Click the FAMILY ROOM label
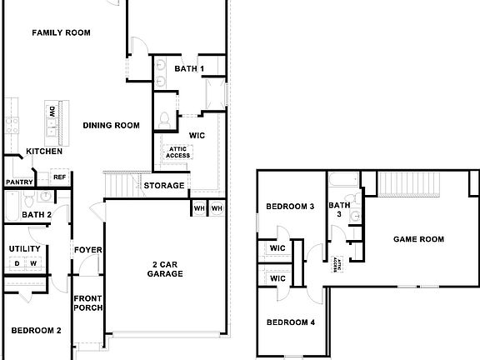tap(61, 33)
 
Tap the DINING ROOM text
tap(111, 126)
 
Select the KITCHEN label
tap(44, 152)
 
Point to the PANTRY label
tap(17, 182)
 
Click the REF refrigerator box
tap(60, 177)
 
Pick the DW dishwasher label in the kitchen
tap(52, 112)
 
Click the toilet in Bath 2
tap(28, 199)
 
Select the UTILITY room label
tap(24, 249)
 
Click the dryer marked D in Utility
tap(16, 264)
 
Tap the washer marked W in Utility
tap(33, 264)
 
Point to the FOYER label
tap(87, 250)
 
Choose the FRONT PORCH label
tap(87, 303)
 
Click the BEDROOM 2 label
tap(36, 331)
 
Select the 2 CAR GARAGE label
tap(165, 268)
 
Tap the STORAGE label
tap(164, 185)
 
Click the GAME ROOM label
tap(418, 239)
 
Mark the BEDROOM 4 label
tap(290, 322)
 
